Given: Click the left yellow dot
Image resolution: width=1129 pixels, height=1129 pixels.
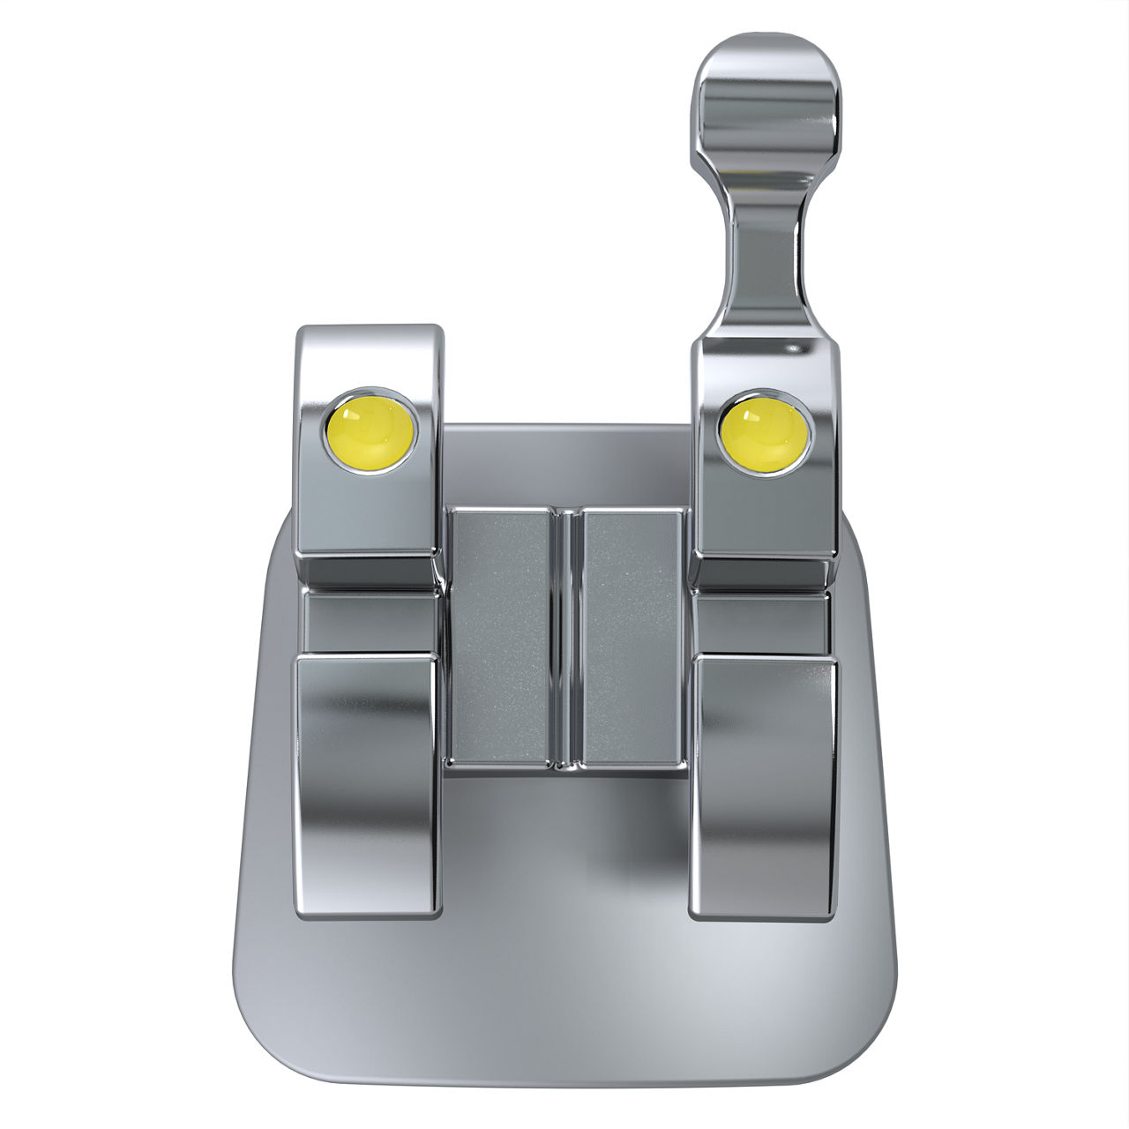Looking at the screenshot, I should [370, 430].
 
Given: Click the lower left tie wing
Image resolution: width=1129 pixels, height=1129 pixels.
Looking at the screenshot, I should [366, 785].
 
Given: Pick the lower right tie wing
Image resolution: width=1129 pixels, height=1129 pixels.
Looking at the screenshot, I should [764, 785].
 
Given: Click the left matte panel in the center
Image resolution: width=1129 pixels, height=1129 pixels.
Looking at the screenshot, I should [500, 635].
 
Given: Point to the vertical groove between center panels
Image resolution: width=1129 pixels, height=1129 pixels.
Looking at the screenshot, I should [565, 635].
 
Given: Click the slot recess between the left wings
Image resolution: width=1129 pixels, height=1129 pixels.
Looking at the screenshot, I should [369, 622].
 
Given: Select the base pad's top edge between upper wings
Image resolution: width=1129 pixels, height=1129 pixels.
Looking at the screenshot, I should [565, 428].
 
